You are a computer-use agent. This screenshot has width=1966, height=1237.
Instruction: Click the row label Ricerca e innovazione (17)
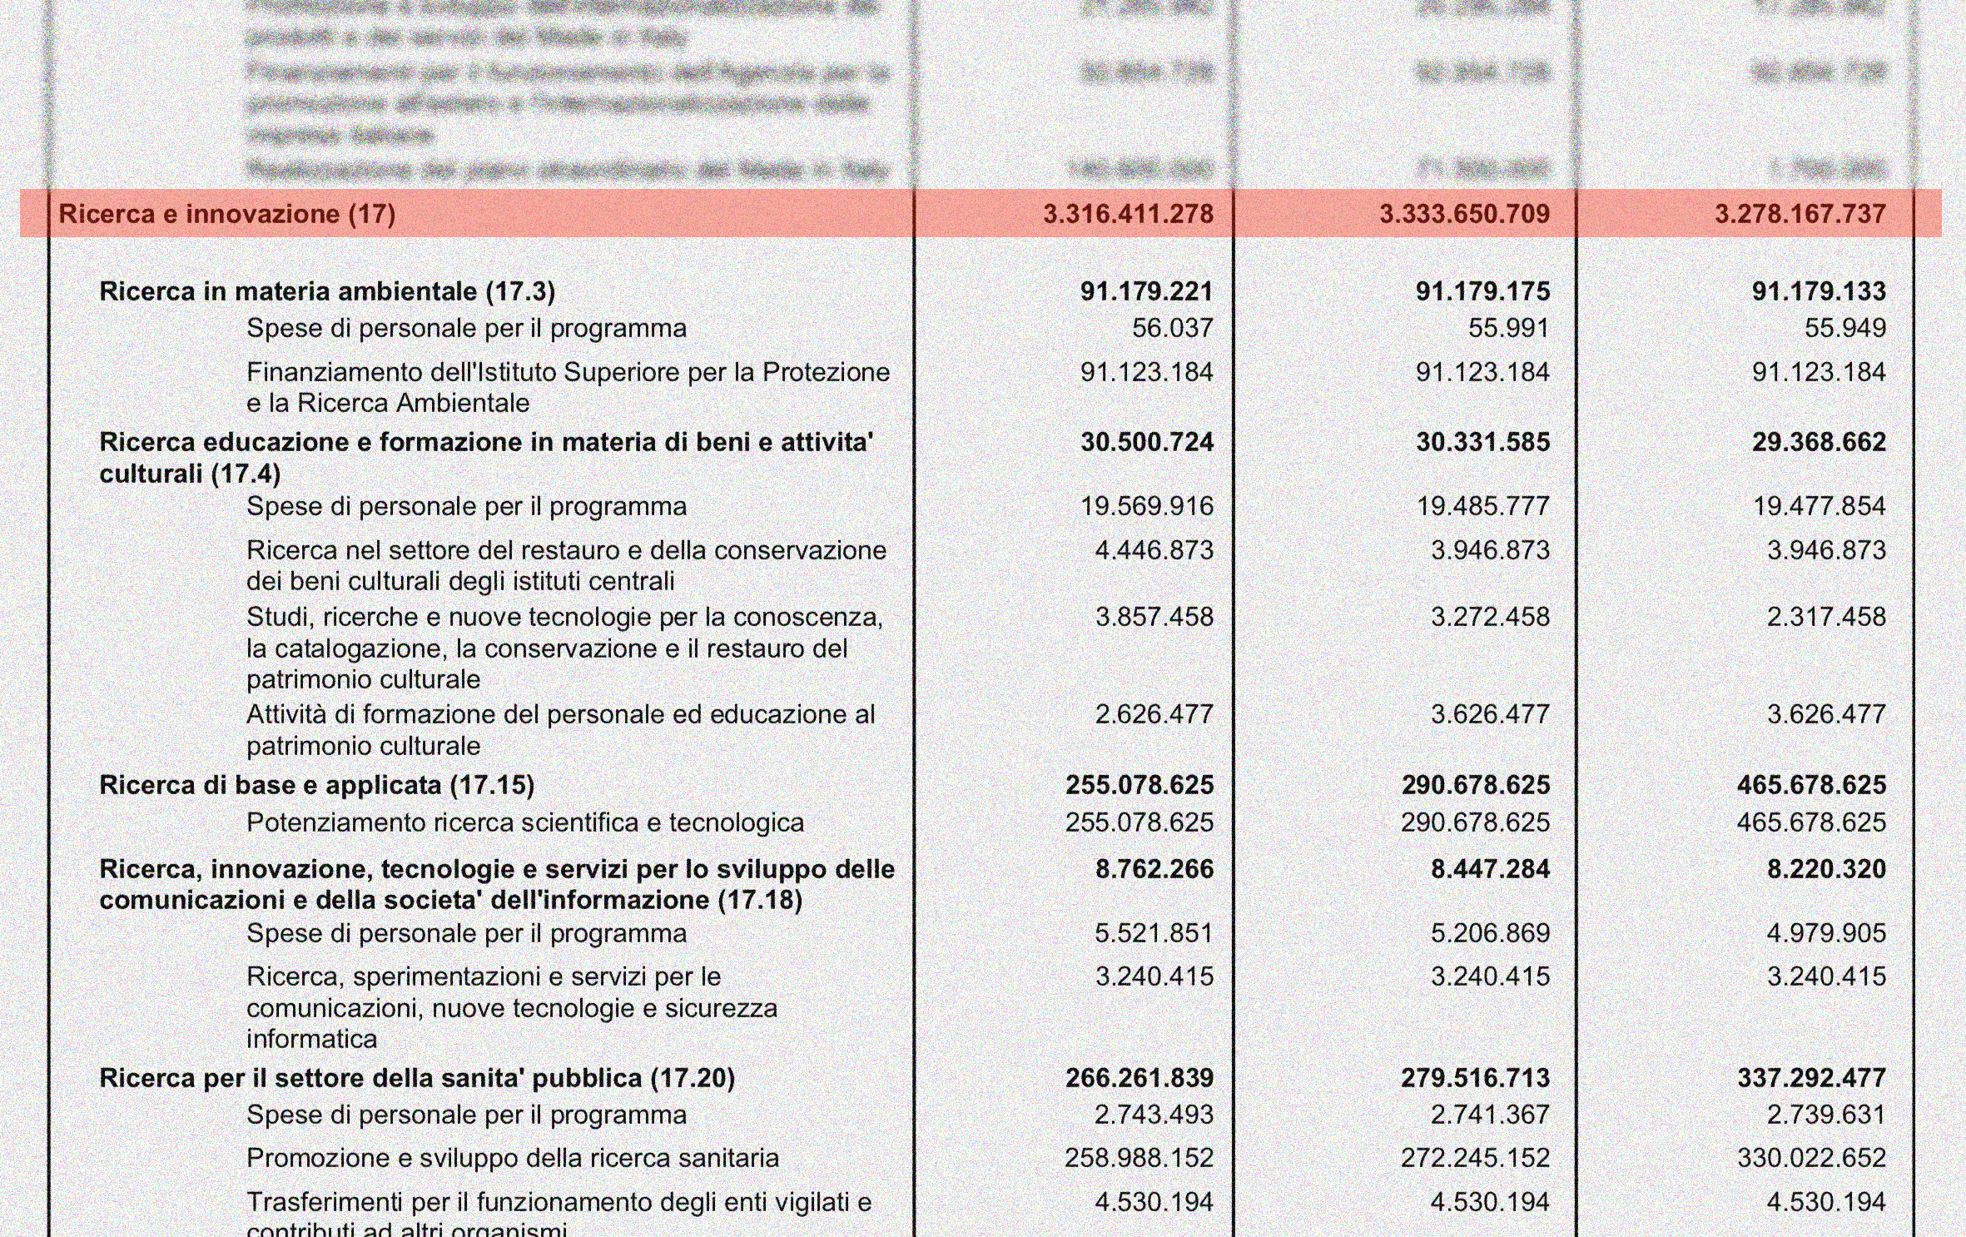tap(226, 214)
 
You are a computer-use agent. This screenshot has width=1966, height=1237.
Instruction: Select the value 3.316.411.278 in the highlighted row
tap(1128, 214)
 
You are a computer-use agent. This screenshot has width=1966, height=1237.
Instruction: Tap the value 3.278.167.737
tap(1800, 214)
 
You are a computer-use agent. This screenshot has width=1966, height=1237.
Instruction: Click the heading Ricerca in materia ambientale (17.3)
tap(327, 291)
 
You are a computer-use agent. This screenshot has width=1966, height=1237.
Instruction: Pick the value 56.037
tap(1172, 328)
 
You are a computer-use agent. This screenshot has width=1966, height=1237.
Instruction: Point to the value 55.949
tap(1844, 328)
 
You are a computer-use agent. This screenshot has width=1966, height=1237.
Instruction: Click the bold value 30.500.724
tap(1147, 442)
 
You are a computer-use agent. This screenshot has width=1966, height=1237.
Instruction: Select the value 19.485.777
tap(1482, 506)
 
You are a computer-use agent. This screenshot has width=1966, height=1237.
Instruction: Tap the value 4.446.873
tap(1154, 550)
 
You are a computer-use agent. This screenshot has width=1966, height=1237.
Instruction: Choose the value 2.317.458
tap(1826, 617)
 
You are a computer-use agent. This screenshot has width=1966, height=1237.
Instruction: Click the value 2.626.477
tap(1154, 714)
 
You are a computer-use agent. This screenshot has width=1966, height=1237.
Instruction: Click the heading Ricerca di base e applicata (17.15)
tap(316, 785)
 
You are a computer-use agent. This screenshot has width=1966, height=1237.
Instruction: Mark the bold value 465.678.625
tap(1811, 785)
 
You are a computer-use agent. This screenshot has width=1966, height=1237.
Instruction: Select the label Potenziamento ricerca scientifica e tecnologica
tap(525, 822)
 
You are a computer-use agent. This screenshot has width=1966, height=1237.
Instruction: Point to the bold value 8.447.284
tap(1490, 869)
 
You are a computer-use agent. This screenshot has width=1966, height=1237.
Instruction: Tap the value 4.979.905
tap(1826, 933)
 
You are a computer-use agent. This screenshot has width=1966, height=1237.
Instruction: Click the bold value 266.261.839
tap(1139, 1078)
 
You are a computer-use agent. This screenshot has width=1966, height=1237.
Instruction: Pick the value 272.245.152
tap(1475, 1158)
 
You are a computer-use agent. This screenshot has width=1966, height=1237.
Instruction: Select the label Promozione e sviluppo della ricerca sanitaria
tap(513, 1158)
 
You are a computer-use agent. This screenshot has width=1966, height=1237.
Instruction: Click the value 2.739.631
tap(1826, 1115)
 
